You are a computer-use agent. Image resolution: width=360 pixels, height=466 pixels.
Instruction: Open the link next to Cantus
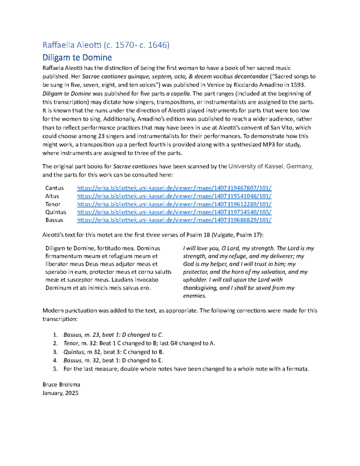pyautogui.click(x=174, y=188)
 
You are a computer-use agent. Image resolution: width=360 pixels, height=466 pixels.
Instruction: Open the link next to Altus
pyautogui.click(x=174, y=196)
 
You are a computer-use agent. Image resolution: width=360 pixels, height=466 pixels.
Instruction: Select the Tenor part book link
pyautogui.click(x=174, y=204)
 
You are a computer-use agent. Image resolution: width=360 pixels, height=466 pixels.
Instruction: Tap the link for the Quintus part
pyautogui.click(x=174, y=213)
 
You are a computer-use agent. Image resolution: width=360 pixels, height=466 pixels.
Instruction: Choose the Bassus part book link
pyautogui.click(x=174, y=221)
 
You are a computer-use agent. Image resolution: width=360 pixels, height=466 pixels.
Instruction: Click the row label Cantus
pyautogui.click(x=55, y=188)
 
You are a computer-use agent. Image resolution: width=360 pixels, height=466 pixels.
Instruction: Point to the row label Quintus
pyautogui.click(x=57, y=213)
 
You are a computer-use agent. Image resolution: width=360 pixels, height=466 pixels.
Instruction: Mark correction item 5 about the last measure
pyautogui.click(x=183, y=368)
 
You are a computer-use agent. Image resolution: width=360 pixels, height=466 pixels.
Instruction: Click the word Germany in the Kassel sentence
pyautogui.click(x=299, y=166)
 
